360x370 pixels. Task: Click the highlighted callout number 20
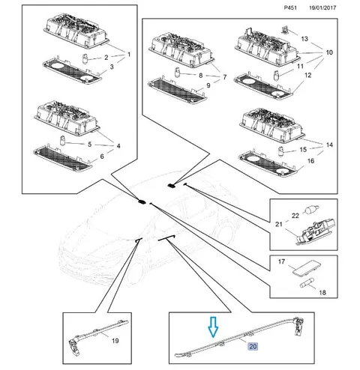pos(253,346)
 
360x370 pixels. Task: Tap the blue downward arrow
pos(214,327)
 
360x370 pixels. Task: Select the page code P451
pos(290,7)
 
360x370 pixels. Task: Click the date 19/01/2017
pos(322,7)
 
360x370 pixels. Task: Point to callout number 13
pos(304,39)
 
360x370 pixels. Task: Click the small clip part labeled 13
pos(284,29)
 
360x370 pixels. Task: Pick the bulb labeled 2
pos(85,59)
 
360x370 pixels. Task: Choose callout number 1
pos(129,55)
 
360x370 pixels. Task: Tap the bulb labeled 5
pos(62,140)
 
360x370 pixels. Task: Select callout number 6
pos(102,157)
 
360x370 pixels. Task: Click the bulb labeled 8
pos(177,73)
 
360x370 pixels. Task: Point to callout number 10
pos(329,52)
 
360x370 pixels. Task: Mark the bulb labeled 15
pos(281,151)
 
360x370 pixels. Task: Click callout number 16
pos(310,161)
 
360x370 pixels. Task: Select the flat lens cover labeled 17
pos(307,268)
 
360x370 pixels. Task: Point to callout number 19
pos(115,341)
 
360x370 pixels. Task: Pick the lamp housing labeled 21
pos(316,232)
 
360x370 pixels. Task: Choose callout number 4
pos(118,146)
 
